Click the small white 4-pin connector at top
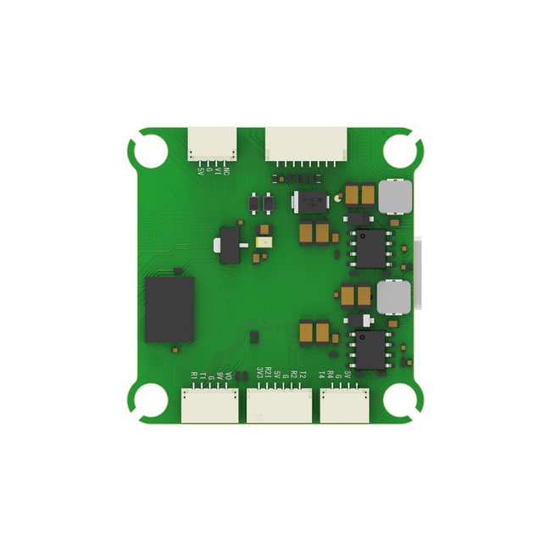(x=212, y=141)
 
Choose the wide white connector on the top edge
(x=306, y=142)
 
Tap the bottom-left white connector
(x=210, y=405)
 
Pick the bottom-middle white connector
(x=280, y=405)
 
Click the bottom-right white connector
(x=343, y=405)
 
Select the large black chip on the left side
(x=170, y=309)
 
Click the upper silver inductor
(x=393, y=197)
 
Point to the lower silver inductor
(x=393, y=297)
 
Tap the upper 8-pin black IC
(x=371, y=248)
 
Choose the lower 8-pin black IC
(x=371, y=349)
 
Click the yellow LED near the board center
(x=262, y=242)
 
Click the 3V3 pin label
(x=259, y=373)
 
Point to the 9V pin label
(x=220, y=375)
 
